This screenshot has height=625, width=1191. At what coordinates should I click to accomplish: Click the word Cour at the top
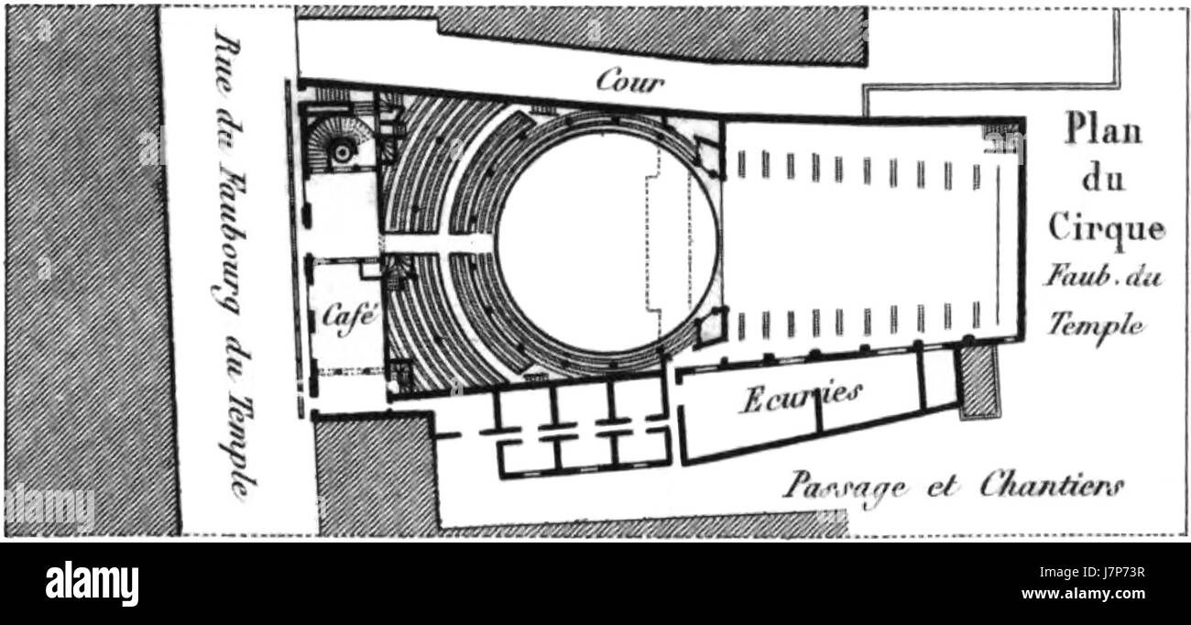[x=629, y=81]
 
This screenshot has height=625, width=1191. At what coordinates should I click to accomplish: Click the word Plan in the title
[x=1103, y=131]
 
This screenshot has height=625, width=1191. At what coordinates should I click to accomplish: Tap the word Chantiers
[x=1052, y=486]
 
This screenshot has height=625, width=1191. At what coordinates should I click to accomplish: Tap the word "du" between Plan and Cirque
[x=1103, y=179]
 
